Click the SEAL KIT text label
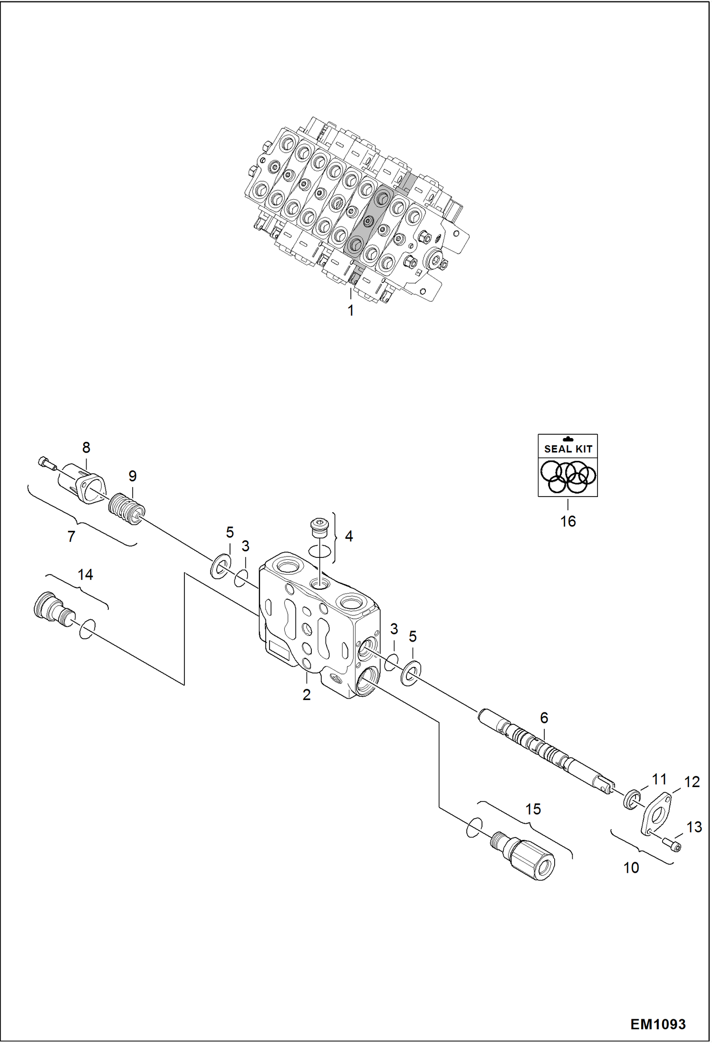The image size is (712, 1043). coord(568,448)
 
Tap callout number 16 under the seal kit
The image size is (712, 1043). coord(568,521)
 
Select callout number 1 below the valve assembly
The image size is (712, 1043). coord(351,311)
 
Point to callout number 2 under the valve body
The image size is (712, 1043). coord(307,694)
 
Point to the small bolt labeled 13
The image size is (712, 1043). coord(671,845)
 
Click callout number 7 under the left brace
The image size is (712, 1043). coord(71,536)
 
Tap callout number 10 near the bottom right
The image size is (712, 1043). coord(631,868)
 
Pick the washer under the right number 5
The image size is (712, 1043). coord(411,672)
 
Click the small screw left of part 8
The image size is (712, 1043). coord(46,462)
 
